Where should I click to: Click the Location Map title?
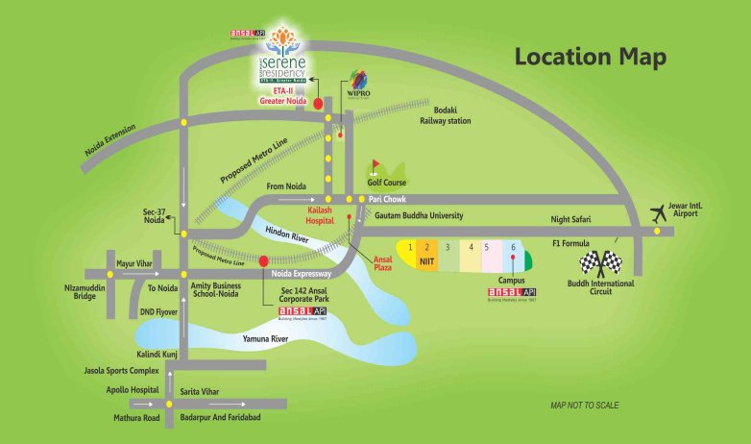(x=590, y=57)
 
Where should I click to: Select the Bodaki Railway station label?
(x=444, y=115)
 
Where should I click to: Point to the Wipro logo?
(x=358, y=84)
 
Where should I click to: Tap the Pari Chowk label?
(x=389, y=198)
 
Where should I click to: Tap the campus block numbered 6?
(x=513, y=252)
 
